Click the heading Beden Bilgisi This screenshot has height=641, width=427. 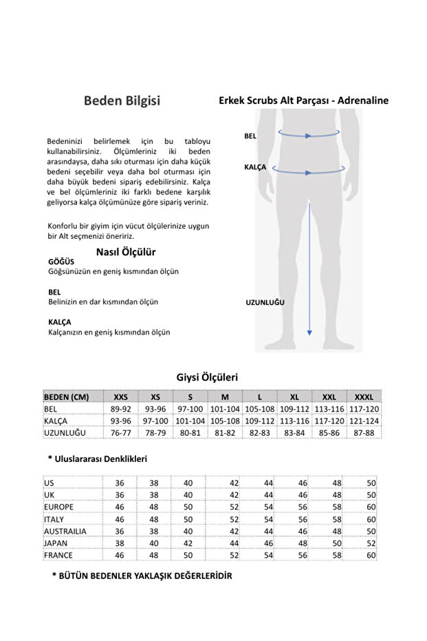122,101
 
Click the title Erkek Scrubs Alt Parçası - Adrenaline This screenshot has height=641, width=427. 303,101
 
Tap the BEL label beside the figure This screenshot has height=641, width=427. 250,136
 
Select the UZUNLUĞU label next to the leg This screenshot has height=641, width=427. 265,302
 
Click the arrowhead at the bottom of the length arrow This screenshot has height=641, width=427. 309,333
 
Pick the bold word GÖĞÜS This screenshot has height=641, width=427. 60,262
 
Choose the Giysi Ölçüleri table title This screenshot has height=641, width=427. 207,377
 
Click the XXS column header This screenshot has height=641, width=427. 120,397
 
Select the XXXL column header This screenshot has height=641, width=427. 364,397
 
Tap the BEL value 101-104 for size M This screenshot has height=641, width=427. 225,409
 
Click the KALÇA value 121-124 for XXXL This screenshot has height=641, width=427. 364,421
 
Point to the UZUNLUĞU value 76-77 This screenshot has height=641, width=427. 120,432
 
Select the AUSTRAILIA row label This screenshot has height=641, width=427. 65,532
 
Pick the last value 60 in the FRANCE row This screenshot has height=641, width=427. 372,555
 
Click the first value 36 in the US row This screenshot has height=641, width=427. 120,483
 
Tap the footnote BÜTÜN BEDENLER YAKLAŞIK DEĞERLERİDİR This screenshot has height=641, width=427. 142,576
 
